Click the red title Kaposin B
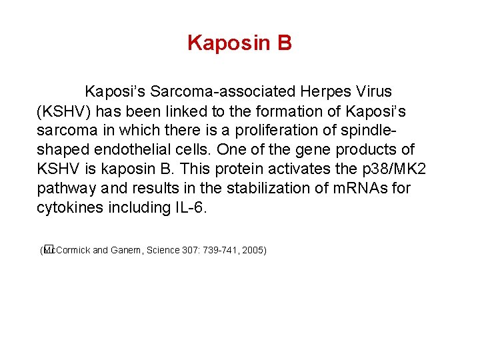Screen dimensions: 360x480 click(x=239, y=43)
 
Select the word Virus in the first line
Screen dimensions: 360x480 click(x=372, y=91)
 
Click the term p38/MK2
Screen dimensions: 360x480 click(x=397, y=169)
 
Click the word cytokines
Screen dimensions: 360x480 click(x=65, y=207)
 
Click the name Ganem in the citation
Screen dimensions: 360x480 click(x=125, y=251)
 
